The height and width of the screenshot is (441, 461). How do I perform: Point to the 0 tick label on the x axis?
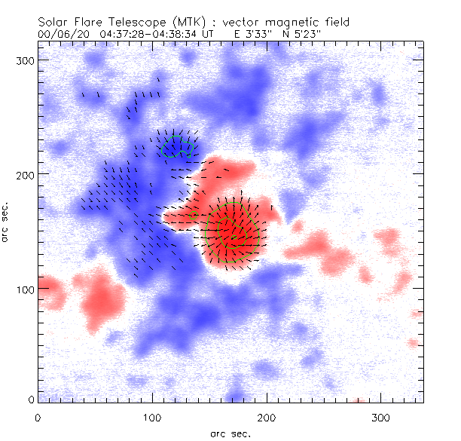tap(38, 417)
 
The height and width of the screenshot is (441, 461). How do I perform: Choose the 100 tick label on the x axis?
tap(152, 417)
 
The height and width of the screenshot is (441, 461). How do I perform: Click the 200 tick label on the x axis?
tap(267, 417)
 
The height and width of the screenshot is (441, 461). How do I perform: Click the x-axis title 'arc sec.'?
tap(230, 433)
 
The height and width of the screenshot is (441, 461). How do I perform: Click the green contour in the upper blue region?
tap(176, 147)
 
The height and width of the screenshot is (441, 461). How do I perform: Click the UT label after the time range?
tap(218, 35)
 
